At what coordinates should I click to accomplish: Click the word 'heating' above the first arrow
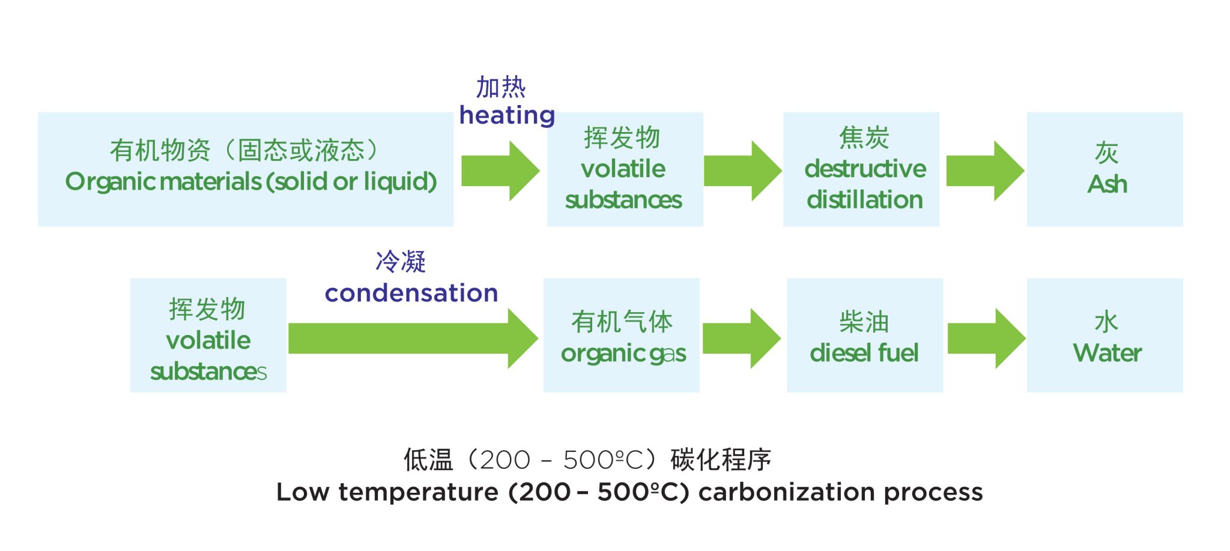tap(507, 115)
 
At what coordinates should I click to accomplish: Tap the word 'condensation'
tap(411, 294)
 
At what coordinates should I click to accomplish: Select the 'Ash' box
tap(1104, 169)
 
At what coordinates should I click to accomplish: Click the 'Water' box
tap(1104, 336)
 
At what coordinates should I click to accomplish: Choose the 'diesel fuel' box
tap(864, 336)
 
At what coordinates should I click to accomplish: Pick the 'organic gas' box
tap(621, 336)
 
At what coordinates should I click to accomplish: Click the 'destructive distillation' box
tap(861, 169)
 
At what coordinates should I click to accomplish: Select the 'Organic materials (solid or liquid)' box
tap(245, 169)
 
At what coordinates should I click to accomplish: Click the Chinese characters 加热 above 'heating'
tap(501, 88)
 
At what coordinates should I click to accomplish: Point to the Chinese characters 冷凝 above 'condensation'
tap(401, 262)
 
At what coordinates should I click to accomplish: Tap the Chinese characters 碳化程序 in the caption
tap(721, 460)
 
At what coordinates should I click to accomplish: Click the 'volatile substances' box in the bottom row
tap(208, 336)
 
